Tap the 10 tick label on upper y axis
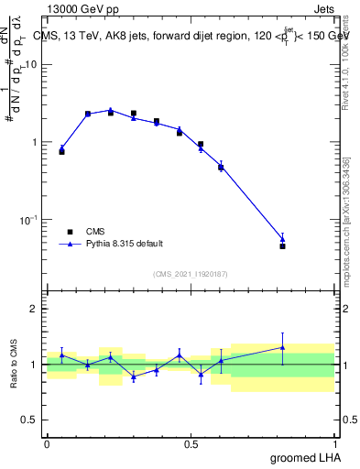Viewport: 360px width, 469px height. (32, 64)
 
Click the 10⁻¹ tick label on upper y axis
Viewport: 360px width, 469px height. (30, 220)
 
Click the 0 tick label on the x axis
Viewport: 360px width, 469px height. (47, 442)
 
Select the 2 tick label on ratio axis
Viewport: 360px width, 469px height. (36, 309)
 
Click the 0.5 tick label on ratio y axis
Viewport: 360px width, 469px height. (32, 420)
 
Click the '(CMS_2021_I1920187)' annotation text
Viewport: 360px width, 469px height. (191, 274)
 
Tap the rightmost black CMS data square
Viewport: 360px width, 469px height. (282, 246)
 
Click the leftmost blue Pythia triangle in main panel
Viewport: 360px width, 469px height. (61, 147)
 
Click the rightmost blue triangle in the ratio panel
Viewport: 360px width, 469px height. (282, 347)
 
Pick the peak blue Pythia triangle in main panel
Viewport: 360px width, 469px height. (111, 109)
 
